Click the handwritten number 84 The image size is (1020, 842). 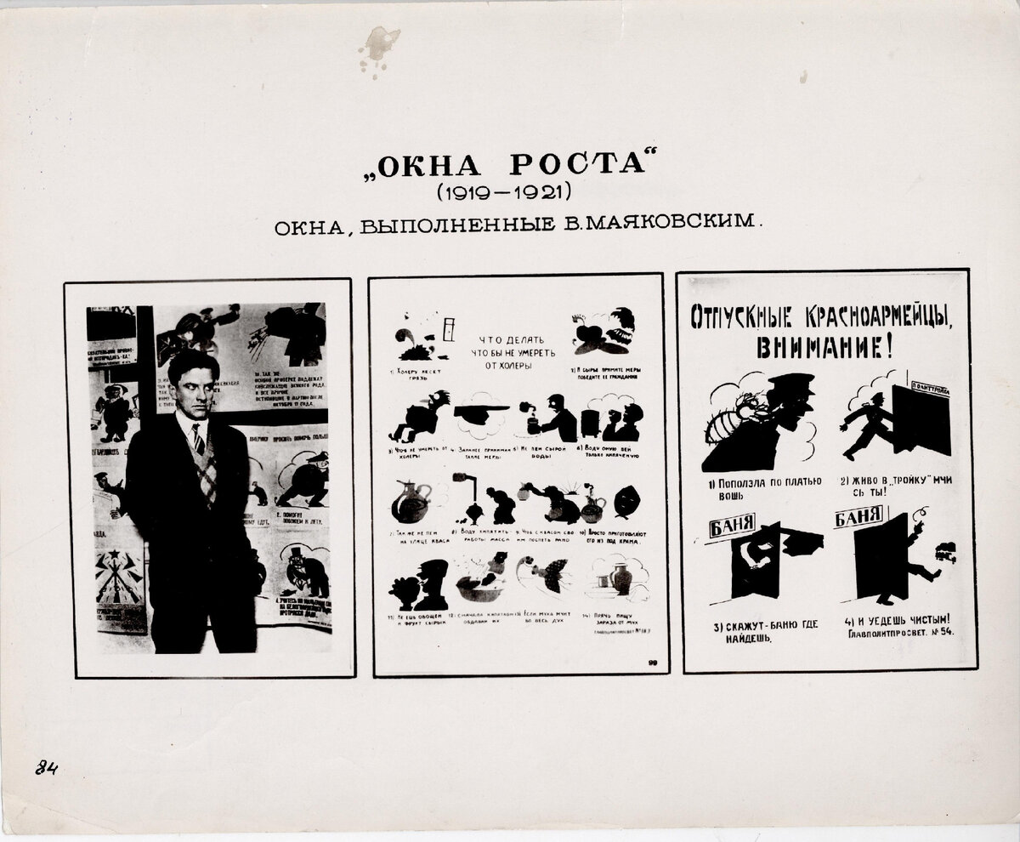46,768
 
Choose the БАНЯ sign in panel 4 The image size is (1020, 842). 860,516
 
